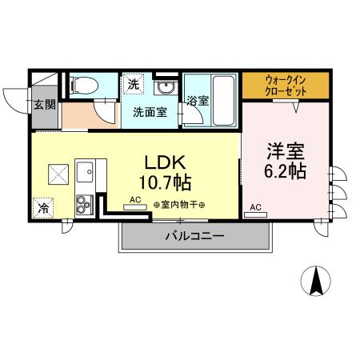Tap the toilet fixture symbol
tap(83, 84)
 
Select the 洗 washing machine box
tap(132, 83)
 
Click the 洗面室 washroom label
tap(150, 113)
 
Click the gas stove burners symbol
tap(85, 203)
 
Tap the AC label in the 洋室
tap(255, 208)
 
